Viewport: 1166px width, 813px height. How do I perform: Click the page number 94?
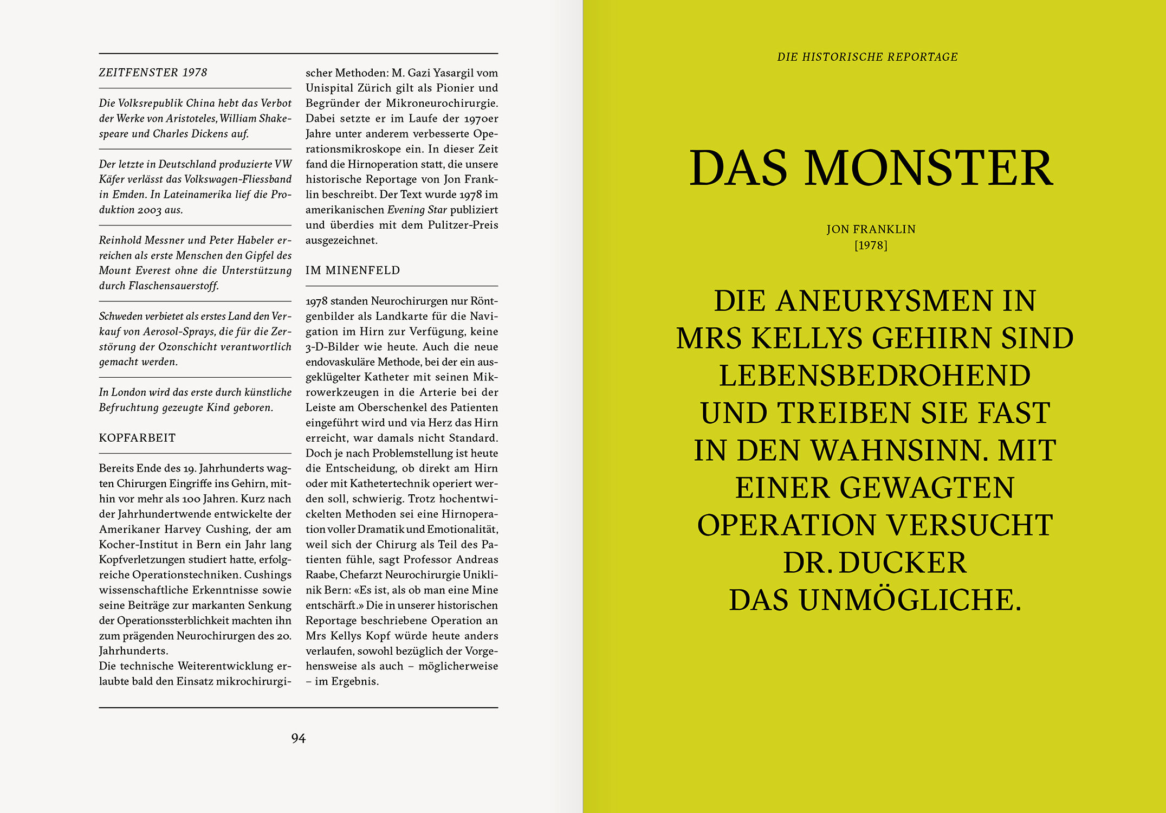click(x=298, y=738)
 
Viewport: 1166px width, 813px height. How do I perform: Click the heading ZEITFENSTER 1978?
click(x=153, y=73)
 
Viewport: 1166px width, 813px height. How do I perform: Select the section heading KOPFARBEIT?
click(x=137, y=438)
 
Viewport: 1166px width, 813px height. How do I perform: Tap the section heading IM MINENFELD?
click(x=353, y=270)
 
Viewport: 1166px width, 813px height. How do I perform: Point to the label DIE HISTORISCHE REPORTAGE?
click(x=867, y=57)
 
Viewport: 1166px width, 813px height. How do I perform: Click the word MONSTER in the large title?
click(x=929, y=168)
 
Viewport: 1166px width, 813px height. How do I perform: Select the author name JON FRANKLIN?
click(x=871, y=229)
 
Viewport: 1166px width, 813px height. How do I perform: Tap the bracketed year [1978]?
click(x=871, y=246)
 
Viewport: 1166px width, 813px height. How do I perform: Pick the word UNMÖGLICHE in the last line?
click(x=910, y=600)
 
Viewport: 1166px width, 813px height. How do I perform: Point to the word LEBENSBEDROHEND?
click(x=874, y=376)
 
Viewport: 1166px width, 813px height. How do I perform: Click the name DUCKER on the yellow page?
click(x=903, y=563)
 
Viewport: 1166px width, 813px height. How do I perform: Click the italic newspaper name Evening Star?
click(x=417, y=210)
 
